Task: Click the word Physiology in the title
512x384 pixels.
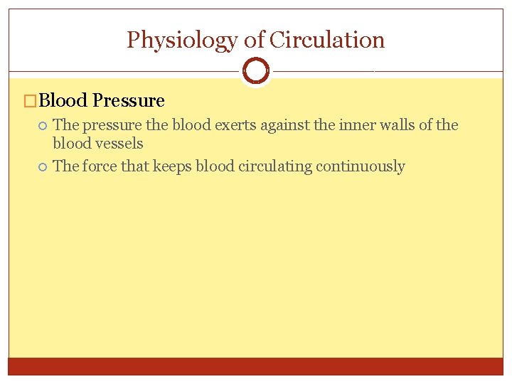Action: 181,41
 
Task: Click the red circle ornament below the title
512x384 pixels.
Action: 255,70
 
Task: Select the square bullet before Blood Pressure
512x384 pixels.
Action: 29,102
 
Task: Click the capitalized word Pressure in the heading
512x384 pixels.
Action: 129,101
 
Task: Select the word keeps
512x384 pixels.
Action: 171,167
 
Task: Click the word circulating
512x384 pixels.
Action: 273,166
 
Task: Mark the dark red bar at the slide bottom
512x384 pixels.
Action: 256,366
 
